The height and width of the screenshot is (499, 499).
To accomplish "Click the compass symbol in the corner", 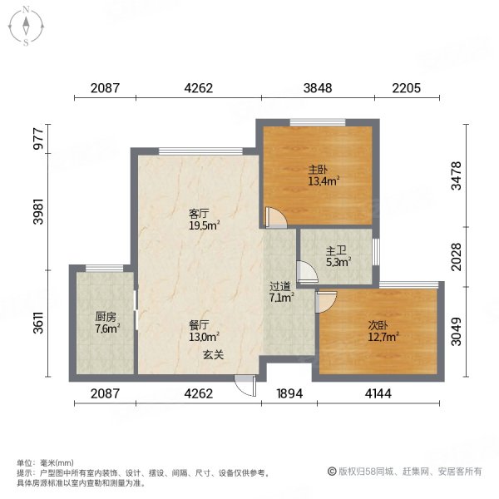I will tap(27, 27).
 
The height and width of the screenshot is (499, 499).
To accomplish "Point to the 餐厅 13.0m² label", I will tap(202, 331).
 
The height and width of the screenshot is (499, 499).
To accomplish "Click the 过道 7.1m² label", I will tap(279, 290).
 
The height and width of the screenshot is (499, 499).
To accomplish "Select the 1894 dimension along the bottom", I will tap(286, 393).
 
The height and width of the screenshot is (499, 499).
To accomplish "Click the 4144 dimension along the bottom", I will tap(378, 393).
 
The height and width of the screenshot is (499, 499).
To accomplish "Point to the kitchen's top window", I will tap(104, 267).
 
